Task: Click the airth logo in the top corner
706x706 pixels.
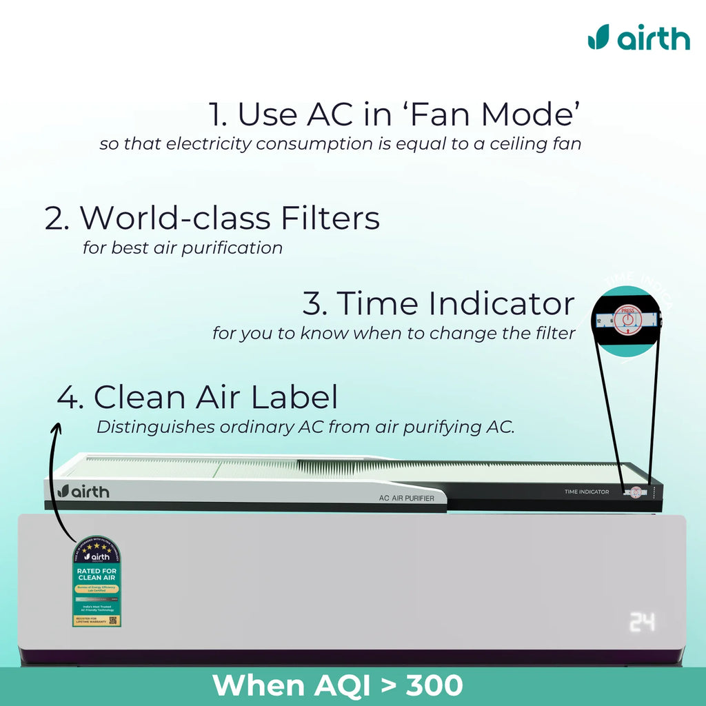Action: coord(638,37)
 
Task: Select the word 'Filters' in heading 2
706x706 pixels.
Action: coord(330,218)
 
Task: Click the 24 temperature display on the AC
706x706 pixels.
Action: coord(642,623)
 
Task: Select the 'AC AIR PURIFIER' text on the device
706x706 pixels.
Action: coord(407,498)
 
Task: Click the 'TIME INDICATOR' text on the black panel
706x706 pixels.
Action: coord(586,492)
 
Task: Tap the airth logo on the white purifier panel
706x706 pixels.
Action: coord(83,491)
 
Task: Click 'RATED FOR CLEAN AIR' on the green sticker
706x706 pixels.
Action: coord(97,575)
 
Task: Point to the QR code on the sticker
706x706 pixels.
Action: coord(114,620)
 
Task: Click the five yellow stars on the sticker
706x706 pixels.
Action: coord(97,545)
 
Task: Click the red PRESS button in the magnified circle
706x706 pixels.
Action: coord(628,319)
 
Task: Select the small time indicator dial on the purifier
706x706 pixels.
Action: coord(635,492)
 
